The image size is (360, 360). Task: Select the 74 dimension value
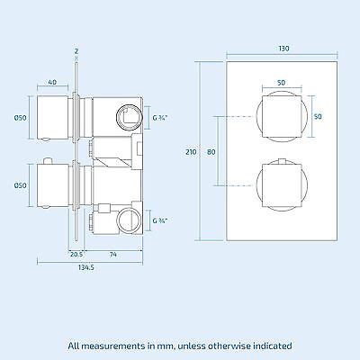(112, 254)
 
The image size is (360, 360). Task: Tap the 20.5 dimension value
(76, 254)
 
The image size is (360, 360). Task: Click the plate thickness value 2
(77, 51)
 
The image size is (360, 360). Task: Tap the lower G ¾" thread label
(160, 220)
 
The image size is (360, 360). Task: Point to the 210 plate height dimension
(190, 153)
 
